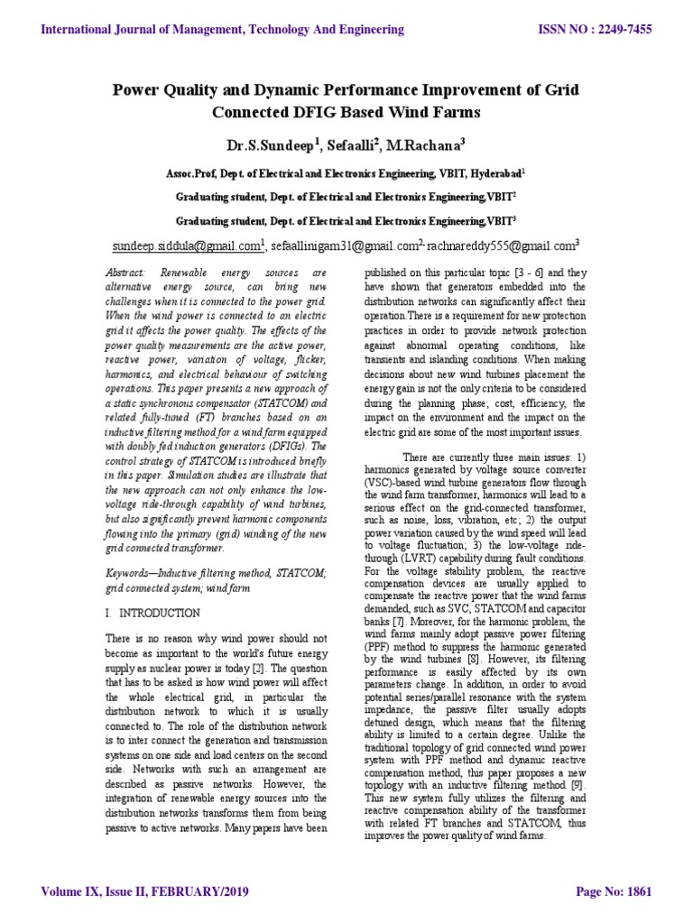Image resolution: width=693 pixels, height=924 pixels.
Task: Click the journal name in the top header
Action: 223,30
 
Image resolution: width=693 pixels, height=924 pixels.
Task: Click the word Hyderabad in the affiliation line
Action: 488,171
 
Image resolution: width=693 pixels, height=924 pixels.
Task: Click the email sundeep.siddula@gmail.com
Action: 186,245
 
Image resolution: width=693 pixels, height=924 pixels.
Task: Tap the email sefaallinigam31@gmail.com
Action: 343,245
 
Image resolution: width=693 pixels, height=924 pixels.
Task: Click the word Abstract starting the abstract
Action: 124,273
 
